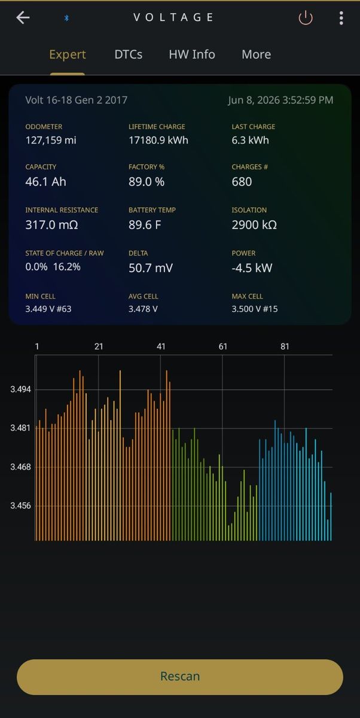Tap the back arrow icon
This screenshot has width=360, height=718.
23,17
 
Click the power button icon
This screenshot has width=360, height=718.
306,17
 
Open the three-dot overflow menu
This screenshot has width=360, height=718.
341,18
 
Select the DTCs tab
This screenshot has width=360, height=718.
129,54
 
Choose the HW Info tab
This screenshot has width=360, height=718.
192,54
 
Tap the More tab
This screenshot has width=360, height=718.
256,54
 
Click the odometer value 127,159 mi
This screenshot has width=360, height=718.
51,140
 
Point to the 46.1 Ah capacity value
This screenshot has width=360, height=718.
46,182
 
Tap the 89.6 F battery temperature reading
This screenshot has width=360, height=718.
145,225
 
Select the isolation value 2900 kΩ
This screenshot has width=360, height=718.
254,225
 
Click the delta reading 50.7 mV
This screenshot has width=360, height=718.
151,268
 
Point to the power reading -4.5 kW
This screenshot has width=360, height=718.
252,268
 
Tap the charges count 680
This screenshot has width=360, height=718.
242,182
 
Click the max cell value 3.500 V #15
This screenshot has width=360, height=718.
255,309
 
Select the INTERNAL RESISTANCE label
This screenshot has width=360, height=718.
62,210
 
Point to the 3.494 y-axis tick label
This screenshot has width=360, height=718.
20,390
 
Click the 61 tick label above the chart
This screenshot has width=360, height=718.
223,346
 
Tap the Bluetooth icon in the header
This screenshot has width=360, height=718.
66,18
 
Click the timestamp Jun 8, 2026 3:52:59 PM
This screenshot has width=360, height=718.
280,100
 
